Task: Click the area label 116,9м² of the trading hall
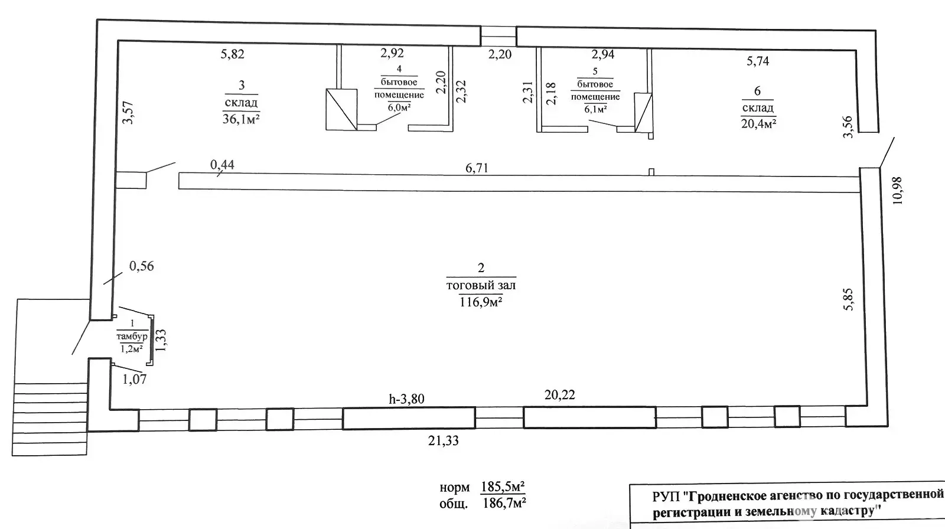[x=481, y=302]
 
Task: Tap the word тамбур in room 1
[x=132, y=336]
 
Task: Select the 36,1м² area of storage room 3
[x=241, y=119]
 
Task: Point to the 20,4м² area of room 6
[x=758, y=123]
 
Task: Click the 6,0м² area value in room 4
[x=399, y=107]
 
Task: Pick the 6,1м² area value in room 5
[x=595, y=109]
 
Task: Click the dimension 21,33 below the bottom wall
[x=444, y=441]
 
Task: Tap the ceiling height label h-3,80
[x=406, y=399]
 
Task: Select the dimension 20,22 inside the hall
[x=560, y=395]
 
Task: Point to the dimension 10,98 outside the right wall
[x=897, y=190]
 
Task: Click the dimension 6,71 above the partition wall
[x=477, y=168]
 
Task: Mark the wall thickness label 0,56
[x=141, y=266]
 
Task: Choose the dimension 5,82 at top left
[x=233, y=54]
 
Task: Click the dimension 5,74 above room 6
[x=758, y=61]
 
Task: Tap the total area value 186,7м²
[x=503, y=503]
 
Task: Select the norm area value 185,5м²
[x=503, y=487]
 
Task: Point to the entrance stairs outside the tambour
[x=50, y=419]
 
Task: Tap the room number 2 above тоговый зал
[x=481, y=268]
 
